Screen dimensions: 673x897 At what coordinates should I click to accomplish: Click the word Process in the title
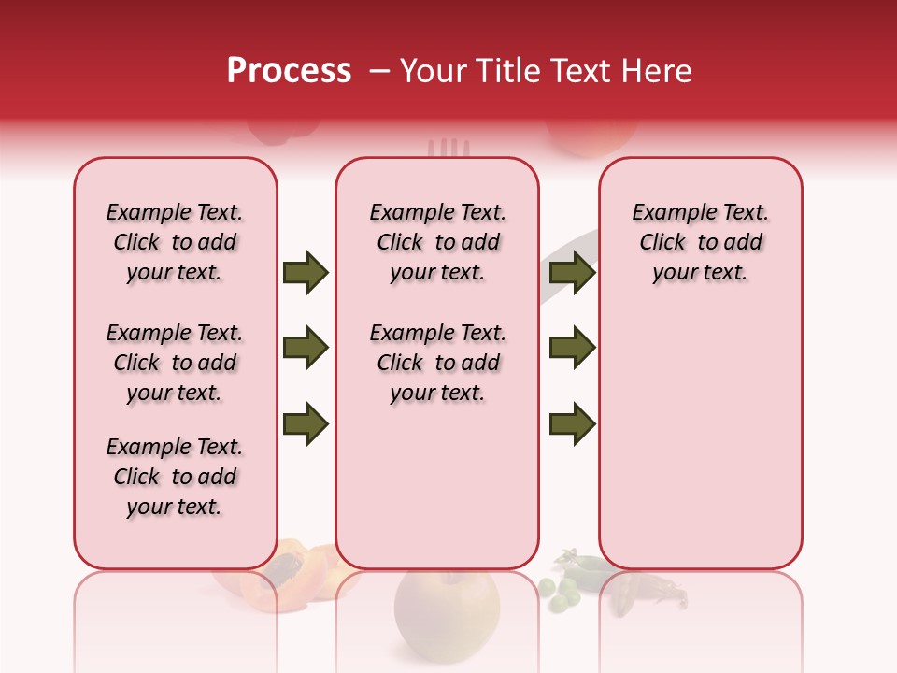tap(289, 71)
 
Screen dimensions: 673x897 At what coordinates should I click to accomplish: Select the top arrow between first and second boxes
tap(306, 272)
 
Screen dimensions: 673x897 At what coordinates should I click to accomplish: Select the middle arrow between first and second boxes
tap(306, 348)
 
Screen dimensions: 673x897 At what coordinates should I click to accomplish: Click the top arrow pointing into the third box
tap(572, 272)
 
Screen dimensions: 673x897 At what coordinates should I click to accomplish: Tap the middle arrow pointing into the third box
tap(572, 348)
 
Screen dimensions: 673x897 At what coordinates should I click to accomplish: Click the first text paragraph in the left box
tap(175, 242)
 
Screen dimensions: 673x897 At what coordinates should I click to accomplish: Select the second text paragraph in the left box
tap(175, 363)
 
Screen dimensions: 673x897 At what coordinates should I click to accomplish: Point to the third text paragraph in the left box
tap(175, 477)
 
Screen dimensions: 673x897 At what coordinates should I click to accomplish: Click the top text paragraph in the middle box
tap(437, 242)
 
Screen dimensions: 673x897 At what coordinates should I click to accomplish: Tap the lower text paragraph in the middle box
tap(437, 363)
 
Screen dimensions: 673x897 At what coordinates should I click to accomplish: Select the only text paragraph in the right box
tap(700, 242)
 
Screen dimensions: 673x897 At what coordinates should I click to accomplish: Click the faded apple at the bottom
tap(446, 612)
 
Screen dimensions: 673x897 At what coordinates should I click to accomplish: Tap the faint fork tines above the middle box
tap(448, 148)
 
